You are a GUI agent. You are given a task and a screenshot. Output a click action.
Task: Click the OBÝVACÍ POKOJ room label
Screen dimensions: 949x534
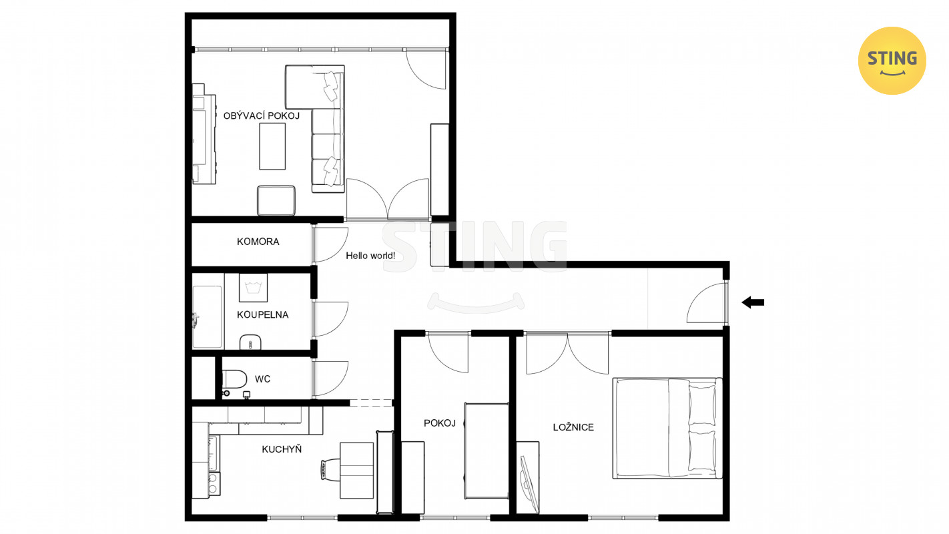click(x=262, y=115)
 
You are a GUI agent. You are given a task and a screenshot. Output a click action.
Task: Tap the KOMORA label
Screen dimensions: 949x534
click(x=258, y=242)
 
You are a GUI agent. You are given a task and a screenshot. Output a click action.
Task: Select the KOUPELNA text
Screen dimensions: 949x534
click(x=263, y=314)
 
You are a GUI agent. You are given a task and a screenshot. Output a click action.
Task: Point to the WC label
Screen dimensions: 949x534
click(x=263, y=379)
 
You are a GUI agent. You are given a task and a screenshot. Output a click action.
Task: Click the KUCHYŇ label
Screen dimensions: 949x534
click(x=282, y=449)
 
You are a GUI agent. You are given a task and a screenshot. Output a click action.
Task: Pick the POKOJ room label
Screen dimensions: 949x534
click(x=440, y=423)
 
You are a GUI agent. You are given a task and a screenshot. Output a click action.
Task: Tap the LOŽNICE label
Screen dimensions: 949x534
click(x=573, y=427)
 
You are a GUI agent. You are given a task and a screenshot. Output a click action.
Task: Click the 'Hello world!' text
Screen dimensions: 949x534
click(x=370, y=256)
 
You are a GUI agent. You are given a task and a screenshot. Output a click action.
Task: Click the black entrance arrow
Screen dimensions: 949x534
click(x=753, y=302)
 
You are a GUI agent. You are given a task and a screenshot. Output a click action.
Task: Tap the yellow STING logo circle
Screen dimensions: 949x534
click(x=892, y=61)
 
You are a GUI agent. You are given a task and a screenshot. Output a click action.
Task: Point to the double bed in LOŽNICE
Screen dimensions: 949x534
click(x=667, y=428)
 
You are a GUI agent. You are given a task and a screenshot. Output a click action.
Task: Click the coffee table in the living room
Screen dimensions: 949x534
click(x=272, y=146)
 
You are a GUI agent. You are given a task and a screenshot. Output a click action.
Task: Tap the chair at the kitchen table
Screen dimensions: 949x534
click(x=330, y=470)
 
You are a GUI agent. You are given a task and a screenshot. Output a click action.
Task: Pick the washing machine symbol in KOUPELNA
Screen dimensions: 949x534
click(x=253, y=288)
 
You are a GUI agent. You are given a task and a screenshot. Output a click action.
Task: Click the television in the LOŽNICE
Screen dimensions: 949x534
click(x=528, y=484)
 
